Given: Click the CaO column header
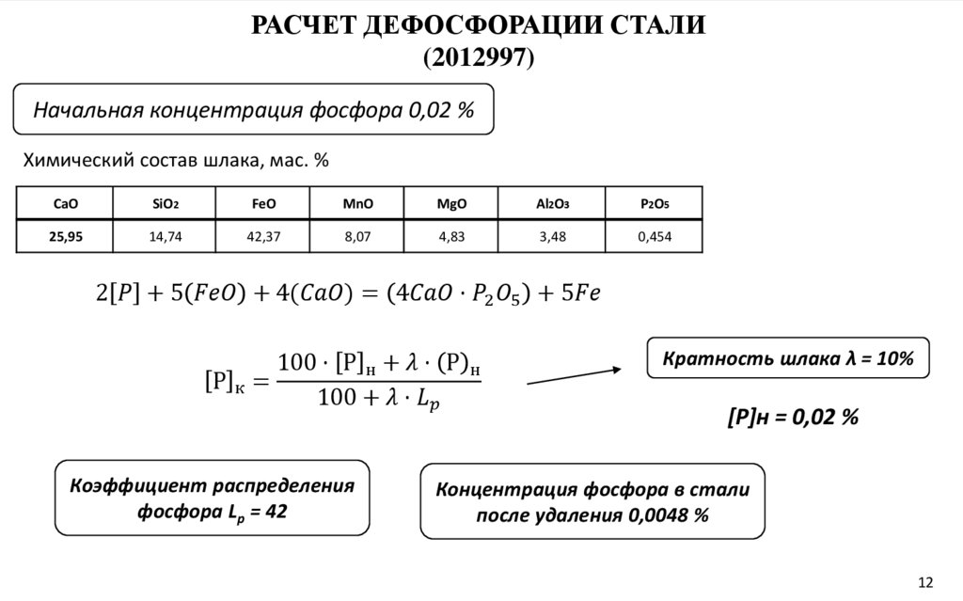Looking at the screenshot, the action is [x=66, y=203].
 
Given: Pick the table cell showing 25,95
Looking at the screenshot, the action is [x=66, y=237].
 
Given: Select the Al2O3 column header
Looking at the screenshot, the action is [x=553, y=203].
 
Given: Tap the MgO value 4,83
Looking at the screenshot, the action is [x=451, y=237].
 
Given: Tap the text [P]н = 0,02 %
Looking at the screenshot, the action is [x=793, y=417].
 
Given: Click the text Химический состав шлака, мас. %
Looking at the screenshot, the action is [x=175, y=161].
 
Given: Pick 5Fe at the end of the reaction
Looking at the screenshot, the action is [x=579, y=294].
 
